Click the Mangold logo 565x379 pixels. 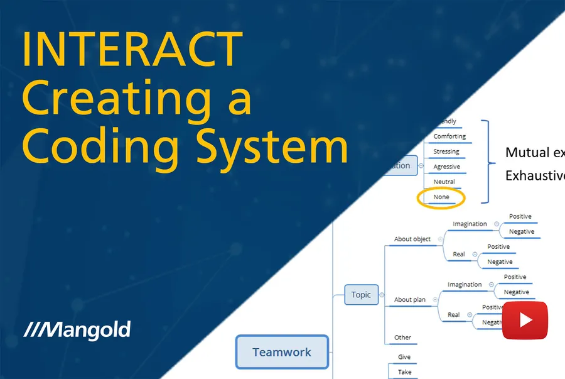click(77, 330)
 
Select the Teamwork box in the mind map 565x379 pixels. click(282, 352)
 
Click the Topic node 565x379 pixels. click(361, 295)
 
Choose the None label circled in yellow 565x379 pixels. click(441, 197)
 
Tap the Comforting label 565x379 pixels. click(449, 136)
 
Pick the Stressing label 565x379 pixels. click(446, 151)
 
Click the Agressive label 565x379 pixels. click(446, 167)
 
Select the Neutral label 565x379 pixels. click(444, 182)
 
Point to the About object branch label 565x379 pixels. click(412, 239)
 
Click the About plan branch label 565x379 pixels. click(409, 300)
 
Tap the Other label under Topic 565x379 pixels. click(402, 338)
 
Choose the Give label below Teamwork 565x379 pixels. click(404, 357)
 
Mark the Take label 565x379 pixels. click(405, 372)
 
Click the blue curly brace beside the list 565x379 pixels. click(488, 162)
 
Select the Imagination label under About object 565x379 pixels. click(470, 224)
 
